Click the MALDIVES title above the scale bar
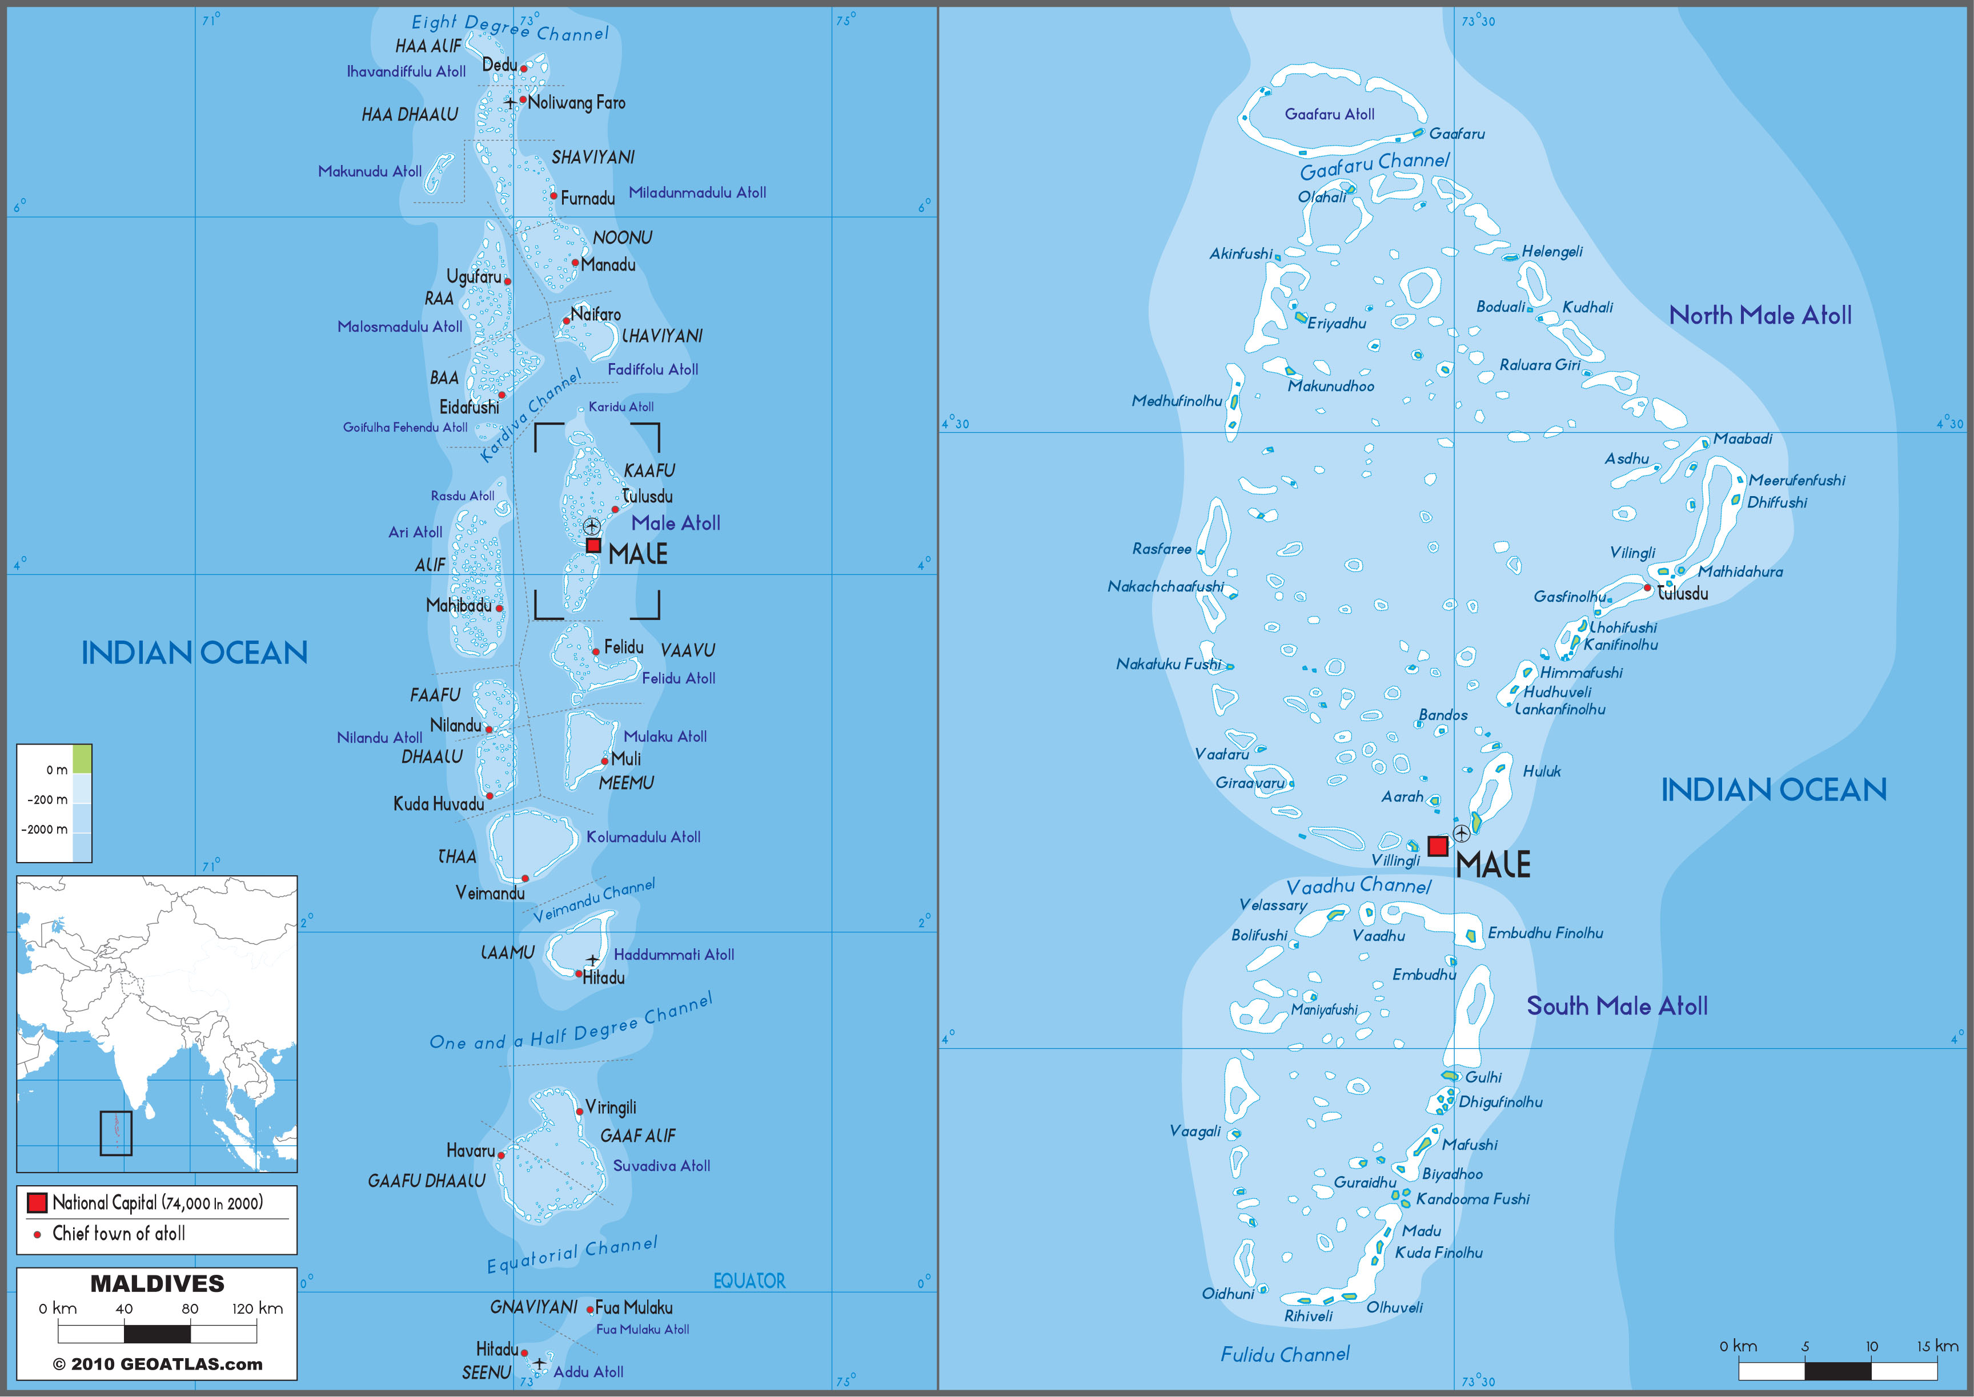click(x=158, y=1283)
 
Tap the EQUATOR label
click(x=749, y=1281)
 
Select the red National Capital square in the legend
click(x=37, y=1202)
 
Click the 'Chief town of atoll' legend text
click(x=119, y=1234)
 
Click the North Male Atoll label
click(x=1760, y=316)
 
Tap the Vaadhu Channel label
click(x=1358, y=886)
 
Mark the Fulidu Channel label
click(x=1285, y=1355)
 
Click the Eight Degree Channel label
click(x=509, y=27)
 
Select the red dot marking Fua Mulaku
click(x=589, y=1309)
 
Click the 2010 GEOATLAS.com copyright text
click(x=158, y=1364)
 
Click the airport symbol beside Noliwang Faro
click(x=509, y=102)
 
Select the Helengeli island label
click(x=1551, y=251)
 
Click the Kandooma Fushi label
click(x=1473, y=1199)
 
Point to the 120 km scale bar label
click(x=256, y=1309)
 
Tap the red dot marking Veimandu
click(x=525, y=878)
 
